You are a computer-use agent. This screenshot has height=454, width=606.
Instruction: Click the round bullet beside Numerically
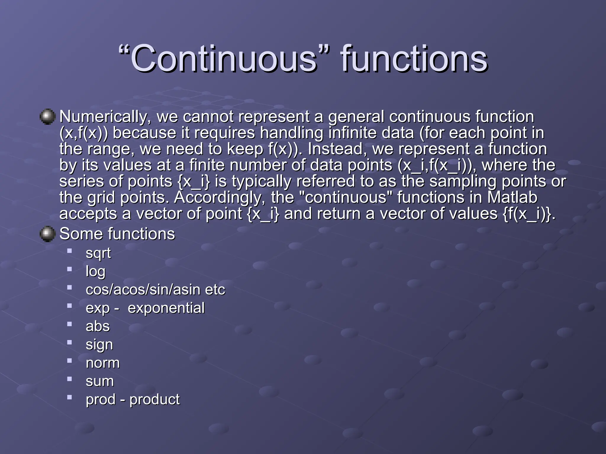pos(48,116)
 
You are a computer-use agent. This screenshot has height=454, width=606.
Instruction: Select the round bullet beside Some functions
pos(48,234)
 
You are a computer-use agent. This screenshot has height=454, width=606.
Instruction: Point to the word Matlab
pos(512,197)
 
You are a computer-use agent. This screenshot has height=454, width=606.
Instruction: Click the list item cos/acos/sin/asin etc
pos(155,290)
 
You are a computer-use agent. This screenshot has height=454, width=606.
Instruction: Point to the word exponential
pos(166,308)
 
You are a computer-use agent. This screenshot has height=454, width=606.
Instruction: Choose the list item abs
pos(98,326)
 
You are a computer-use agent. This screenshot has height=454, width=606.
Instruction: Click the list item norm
pos(103,363)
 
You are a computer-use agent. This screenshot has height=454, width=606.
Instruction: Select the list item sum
pos(100,381)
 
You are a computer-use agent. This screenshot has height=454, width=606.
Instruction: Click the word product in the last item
pos(154,400)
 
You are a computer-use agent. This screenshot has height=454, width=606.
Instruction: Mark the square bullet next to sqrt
pos(70,251)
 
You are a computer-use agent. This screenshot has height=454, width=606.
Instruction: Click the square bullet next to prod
pos(70,397)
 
